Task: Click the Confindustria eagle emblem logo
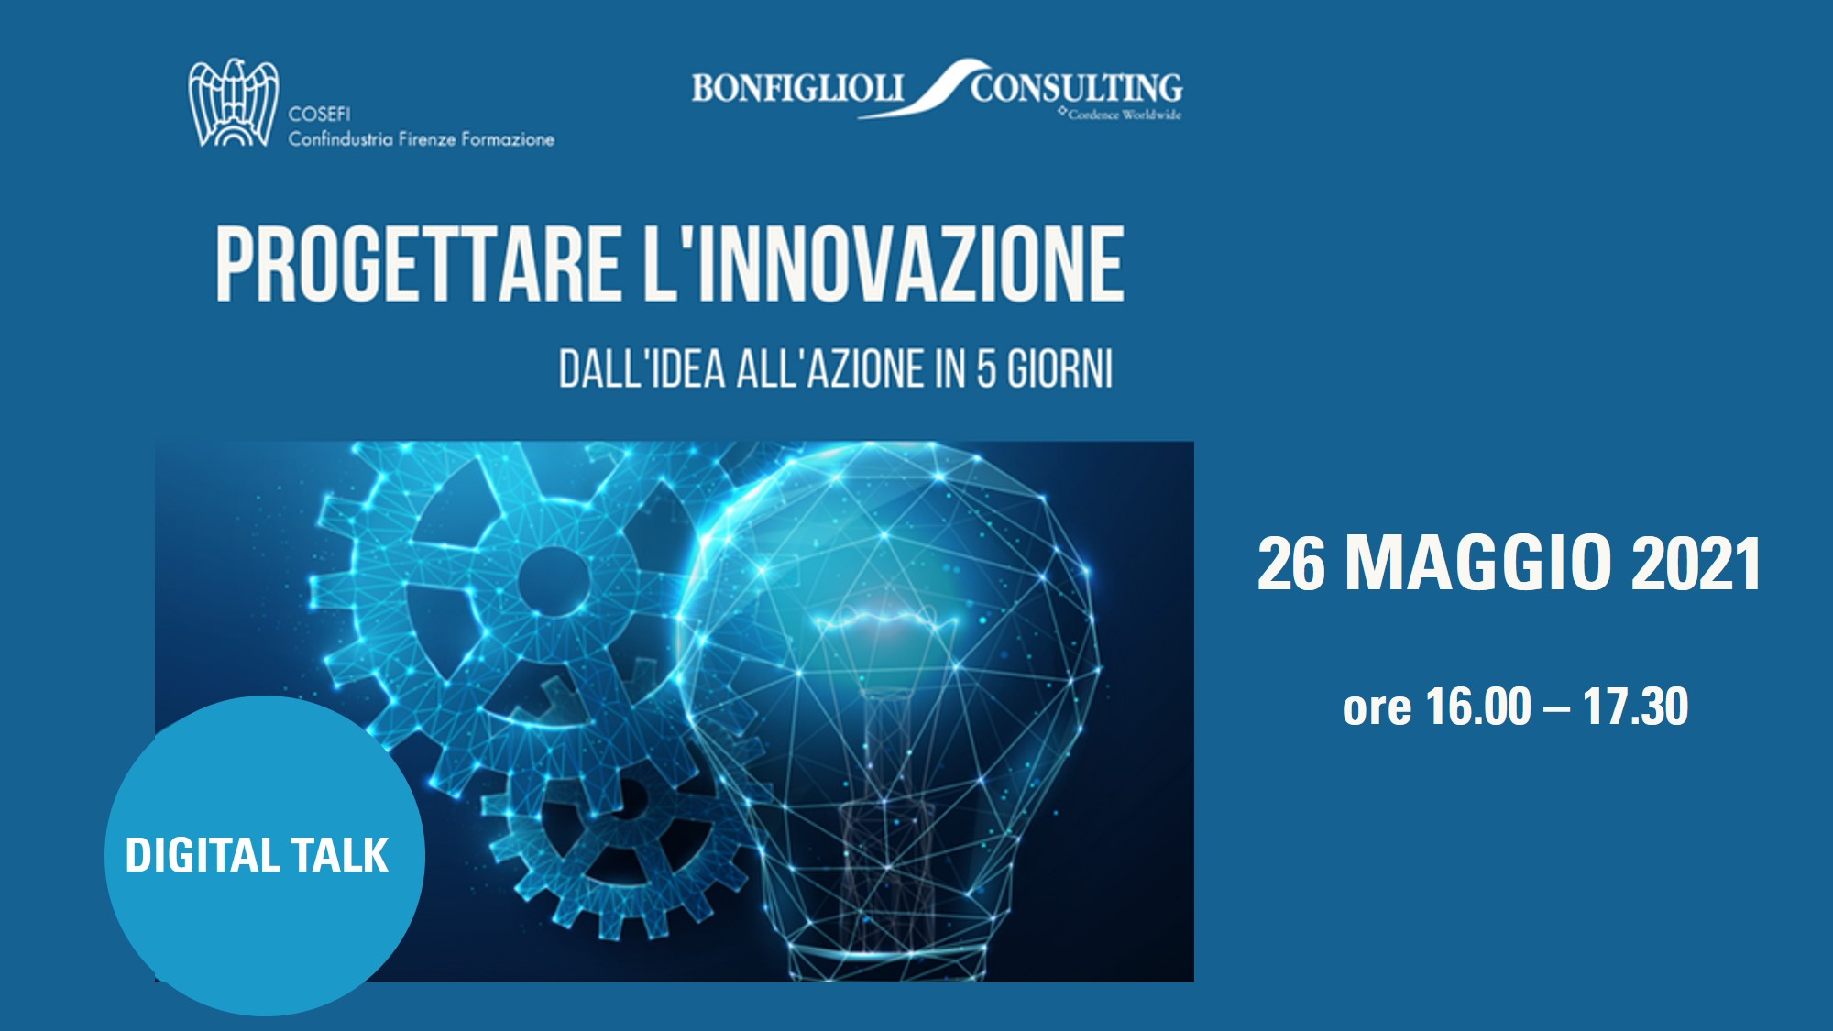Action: pyautogui.click(x=233, y=103)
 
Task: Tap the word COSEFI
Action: pyautogui.click(x=319, y=114)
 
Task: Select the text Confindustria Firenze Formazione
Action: pyautogui.click(x=422, y=139)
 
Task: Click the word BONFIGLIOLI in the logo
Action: pyautogui.click(x=797, y=89)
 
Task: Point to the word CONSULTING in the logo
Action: pyautogui.click(x=1077, y=88)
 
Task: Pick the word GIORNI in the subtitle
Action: pyautogui.click(x=1060, y=369)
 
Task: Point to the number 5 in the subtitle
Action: pyautogui.click(x=986, y=369)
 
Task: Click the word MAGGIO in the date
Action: pyautogui.click(x=1478, y=563)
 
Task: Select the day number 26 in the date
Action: pyautogui.click(x=1291, y=563)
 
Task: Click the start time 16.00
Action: pyautogui.click(x=1478, y=707)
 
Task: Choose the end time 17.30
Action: pyautogui.click(x=1635, y=707)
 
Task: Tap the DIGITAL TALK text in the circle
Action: pyautogui.click(x=257, y=855)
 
